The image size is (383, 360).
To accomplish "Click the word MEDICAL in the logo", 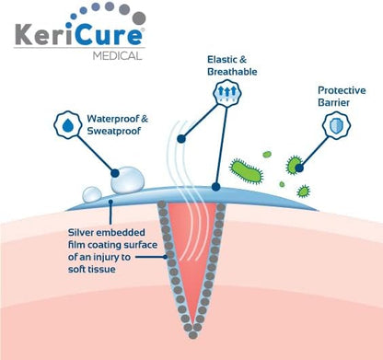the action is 118,56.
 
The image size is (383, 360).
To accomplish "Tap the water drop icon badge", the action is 68,125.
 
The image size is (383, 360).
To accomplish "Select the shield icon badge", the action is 337,125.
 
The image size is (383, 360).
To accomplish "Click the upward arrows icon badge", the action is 227,91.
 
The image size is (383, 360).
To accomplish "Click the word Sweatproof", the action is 114,131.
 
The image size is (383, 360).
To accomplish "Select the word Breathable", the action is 232,72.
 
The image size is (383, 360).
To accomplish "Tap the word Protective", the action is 342,90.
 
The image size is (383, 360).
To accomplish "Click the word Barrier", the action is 333,102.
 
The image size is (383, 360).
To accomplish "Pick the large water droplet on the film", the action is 127,180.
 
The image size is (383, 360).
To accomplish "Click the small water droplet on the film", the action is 92,194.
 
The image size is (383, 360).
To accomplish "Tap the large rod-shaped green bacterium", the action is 246,170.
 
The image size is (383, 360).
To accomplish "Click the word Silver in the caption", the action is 80,232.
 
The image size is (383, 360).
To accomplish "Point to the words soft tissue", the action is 92,270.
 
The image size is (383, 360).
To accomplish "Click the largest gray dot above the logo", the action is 140,17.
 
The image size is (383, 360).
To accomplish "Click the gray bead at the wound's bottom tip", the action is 192,335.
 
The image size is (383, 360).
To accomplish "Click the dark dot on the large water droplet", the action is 115,173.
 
